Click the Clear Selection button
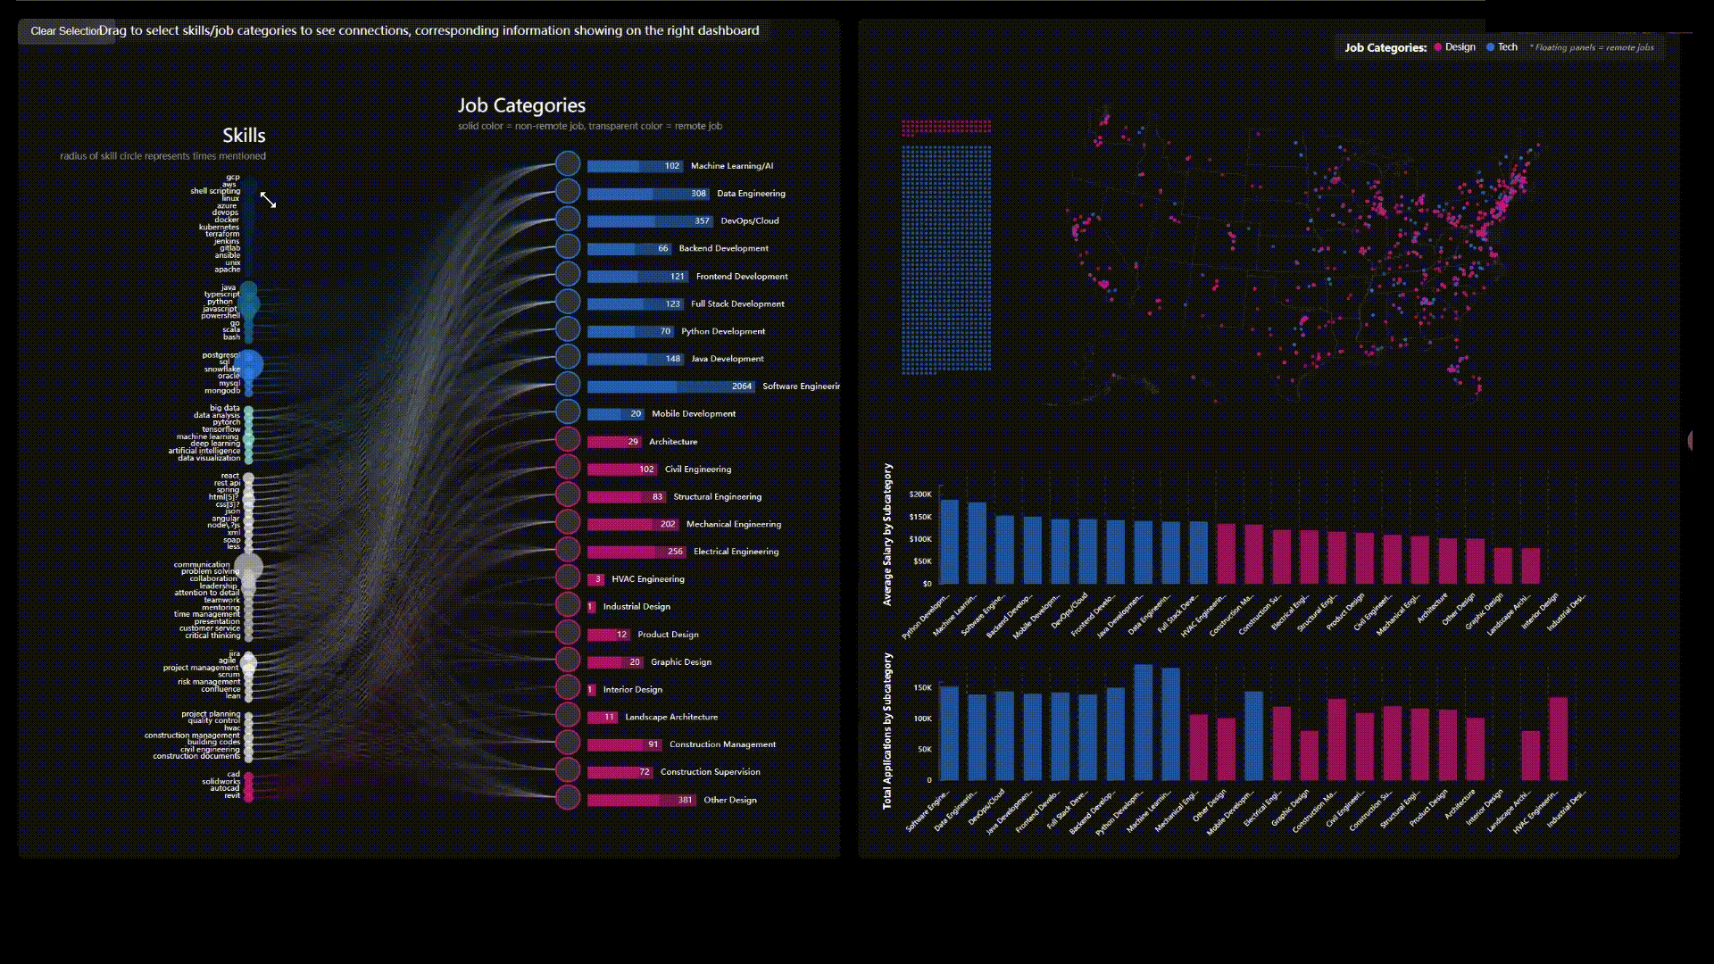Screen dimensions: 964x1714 [65, 31]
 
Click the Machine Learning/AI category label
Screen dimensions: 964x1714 [732, 166]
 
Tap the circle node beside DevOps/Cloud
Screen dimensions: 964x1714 [568, 219]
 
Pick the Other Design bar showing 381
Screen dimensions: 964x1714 [641, 800]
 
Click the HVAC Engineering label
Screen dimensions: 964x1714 [648, 579]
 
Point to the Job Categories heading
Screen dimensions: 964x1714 [521, 106]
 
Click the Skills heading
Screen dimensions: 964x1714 [244, 136]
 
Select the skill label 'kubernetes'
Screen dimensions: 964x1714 [219, 228]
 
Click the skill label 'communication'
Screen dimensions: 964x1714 [202, 565]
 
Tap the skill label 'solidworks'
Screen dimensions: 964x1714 [220, 782]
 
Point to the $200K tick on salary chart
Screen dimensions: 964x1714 [919, 494]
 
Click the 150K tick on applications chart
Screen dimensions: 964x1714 [922, 688]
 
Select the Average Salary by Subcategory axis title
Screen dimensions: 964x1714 [887, 535]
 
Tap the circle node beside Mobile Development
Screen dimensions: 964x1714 [568, 411]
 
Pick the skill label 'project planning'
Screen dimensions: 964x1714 [211, 714]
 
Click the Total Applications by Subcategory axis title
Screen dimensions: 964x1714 [887, 731]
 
